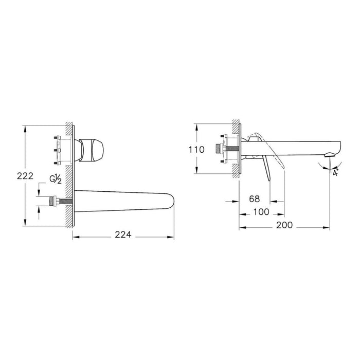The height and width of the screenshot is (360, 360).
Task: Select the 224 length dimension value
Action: coord(122,235)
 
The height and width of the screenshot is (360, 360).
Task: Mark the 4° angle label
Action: coord(335,173)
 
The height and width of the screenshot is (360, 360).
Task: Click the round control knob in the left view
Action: coord(93,148)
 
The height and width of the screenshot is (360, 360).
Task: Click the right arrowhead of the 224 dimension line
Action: coord(174,237)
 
